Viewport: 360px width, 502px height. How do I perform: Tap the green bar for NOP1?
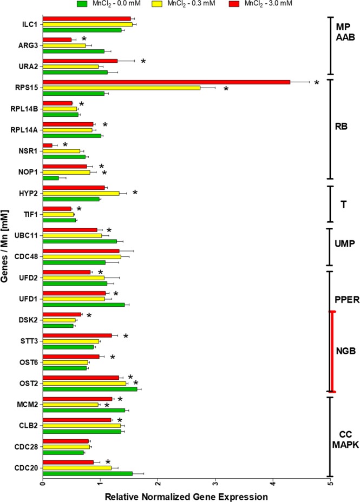point(50,177)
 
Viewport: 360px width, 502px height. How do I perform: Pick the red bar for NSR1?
point(48,145)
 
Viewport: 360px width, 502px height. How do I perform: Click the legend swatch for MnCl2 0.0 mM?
point(83,4)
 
